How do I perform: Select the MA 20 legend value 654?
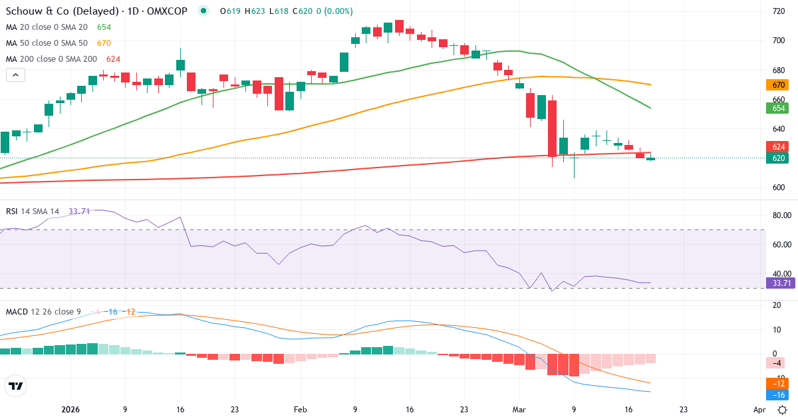[104, 27]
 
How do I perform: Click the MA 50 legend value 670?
[104, 43]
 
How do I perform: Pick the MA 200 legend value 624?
[113, 59]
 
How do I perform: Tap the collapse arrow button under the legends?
[15, 75]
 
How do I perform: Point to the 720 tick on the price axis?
[778, 11]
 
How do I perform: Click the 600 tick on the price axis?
[778, 188]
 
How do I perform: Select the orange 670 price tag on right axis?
[778, 85]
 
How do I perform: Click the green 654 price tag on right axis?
[778, 108]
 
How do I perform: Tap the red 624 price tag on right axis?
[778, 146]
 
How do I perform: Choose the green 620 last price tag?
[778, 158]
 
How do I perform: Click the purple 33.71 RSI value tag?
[779, 283]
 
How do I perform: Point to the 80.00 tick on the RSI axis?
[779, 215]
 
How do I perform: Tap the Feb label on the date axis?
[301, 410]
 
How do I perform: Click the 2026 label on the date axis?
[70, 410]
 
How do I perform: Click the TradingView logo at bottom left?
[16, 386]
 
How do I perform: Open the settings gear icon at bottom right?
[783, 410]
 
